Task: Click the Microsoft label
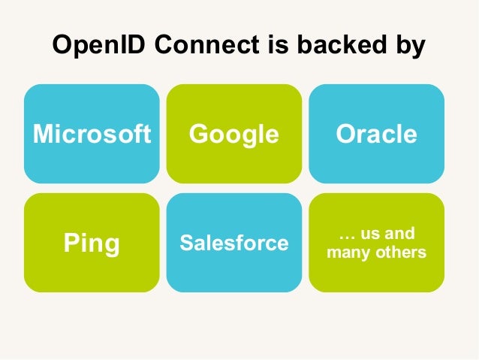coord(91,134)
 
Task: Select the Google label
coord(233,134)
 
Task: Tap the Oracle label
coord(376,134)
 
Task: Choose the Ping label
coord(91,244)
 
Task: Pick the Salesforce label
coord(233,243)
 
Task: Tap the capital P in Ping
coord(69,243)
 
